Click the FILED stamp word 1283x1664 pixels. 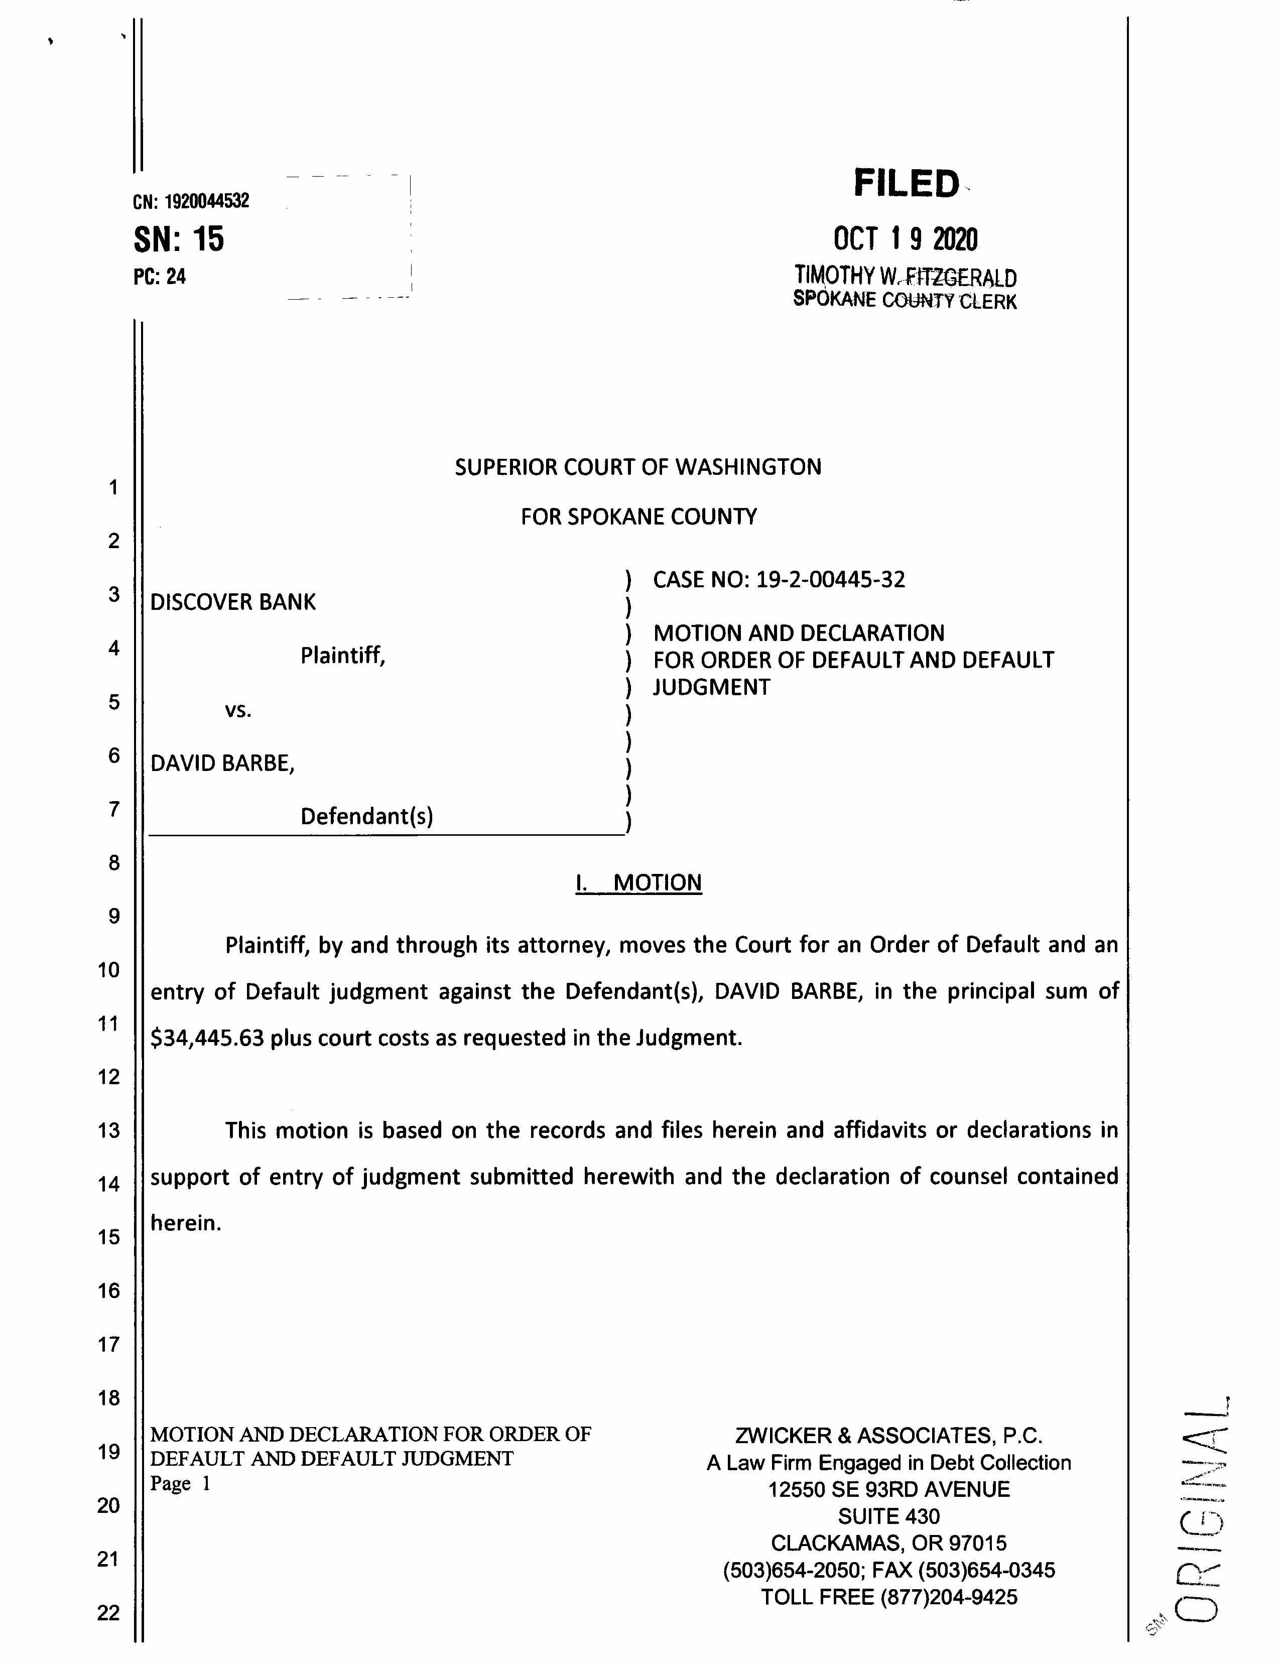point(906,184)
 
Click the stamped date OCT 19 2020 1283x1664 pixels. point(905,239)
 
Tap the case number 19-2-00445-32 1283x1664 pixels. point(830,580)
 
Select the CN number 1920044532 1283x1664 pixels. point(206,201)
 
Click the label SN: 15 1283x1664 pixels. point(179,239)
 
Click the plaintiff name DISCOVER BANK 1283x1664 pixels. point(232,603)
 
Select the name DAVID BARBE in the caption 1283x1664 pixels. point(221,763)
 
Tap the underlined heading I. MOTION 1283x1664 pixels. point(638,883)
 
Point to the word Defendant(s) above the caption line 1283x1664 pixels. point(366,817)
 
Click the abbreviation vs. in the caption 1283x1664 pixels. point(238,711)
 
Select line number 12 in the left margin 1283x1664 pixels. point(109,1077)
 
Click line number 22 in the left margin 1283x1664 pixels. point(109,1613)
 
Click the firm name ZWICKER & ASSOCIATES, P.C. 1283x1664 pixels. point(888,1436)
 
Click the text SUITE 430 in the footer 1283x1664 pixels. point(888,1517)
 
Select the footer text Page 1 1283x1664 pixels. point(179,1483)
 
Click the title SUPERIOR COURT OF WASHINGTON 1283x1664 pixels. point(637,467)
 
